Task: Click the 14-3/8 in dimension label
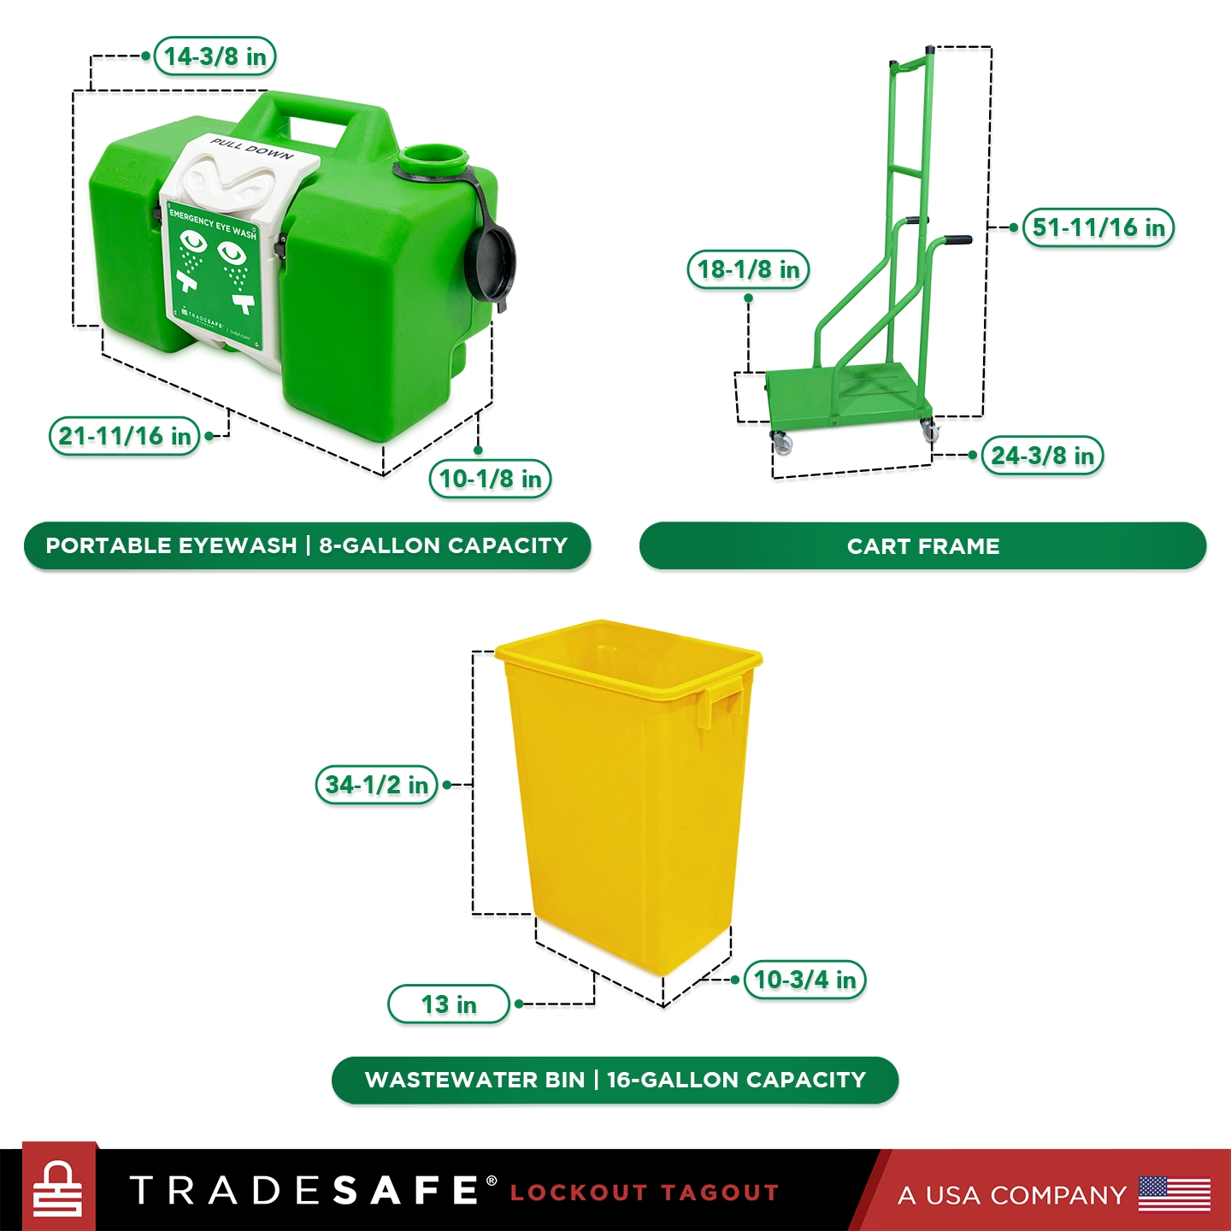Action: point(215,56)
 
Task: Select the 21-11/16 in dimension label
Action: point(125,436)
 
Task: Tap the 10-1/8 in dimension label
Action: point(490,479)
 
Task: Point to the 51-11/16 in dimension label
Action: point(1098,227)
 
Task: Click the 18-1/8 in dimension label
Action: point(748,270)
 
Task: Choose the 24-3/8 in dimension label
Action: point(1042,456)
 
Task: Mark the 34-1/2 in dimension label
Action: point(377,785)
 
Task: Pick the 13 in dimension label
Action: point(449,1004)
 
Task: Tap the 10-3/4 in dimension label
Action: point(804,980)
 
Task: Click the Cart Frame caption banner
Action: point(922,546)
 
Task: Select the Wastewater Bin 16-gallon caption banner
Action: point(615,1080)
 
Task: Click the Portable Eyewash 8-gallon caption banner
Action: point(307,545)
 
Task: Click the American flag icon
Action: point(1175,1193)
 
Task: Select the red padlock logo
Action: point(58,1189)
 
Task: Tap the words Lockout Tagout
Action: point(645,1193)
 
